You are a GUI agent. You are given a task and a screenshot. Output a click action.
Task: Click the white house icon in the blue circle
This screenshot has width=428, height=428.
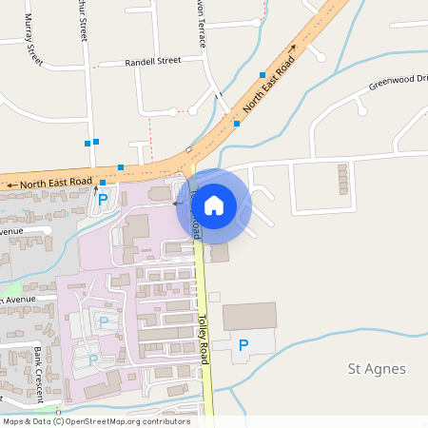(214, 205)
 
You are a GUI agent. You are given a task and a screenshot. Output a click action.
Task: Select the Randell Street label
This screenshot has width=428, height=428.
(153, 61)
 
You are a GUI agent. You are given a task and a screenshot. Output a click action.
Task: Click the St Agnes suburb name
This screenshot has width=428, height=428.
(378, 369)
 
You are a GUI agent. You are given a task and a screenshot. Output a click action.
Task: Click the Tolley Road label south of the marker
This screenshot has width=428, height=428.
(203, 340)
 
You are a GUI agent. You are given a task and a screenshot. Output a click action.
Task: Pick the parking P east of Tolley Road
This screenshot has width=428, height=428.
(243, 345)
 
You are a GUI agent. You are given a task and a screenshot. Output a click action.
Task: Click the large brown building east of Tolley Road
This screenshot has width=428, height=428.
(249, 316)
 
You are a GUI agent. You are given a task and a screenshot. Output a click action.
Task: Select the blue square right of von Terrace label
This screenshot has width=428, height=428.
(262, 74)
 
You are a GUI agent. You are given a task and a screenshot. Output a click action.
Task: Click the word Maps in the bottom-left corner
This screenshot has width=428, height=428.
(13, 421)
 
